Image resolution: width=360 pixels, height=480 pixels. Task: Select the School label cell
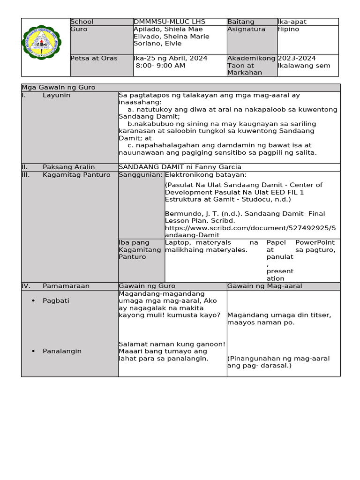coord(82,22)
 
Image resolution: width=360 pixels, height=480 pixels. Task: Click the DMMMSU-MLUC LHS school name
coord(169,22)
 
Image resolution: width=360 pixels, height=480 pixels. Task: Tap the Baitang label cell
coord(241,22)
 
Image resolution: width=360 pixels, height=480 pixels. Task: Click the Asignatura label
coord(246,29)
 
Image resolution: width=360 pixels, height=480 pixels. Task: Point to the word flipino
coord(288,29)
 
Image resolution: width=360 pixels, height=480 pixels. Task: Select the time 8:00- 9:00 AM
coord(160,66)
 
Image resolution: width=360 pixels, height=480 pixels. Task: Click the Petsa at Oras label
coord(94,58)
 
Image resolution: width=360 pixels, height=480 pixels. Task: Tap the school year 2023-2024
coord(297,58)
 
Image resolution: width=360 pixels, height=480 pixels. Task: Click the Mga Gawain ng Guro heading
coord(59,88)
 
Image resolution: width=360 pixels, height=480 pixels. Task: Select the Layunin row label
coord(56,95)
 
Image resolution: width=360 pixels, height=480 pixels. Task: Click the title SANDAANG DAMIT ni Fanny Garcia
coord(180,167)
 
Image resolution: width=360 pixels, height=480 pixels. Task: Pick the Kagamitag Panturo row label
coord(76,175)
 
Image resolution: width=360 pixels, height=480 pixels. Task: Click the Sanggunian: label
coord(141,175)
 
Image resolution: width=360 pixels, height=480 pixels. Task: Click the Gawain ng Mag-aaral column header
coord(265,286)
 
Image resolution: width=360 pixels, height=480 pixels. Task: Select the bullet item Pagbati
coord(56,300)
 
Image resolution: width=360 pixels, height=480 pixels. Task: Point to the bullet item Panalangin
coord(62,351)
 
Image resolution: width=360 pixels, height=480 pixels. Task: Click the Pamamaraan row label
coord(66,286)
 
